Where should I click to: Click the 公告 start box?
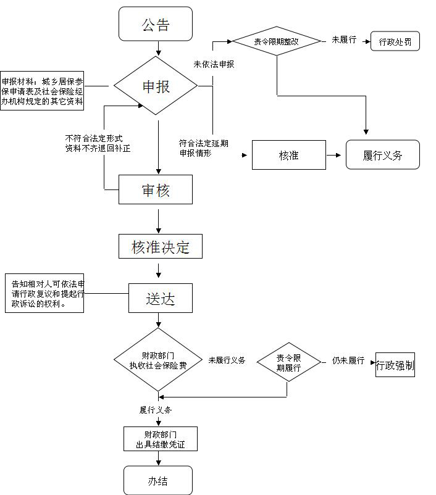pyautogui.click(x=156, y=25)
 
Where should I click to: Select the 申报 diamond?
pyautogui.click(x=156, y=86)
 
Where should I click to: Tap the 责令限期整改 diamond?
pyautogui.click(x=276, y=41)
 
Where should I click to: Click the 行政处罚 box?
pyautogui.click(x=395, y=42)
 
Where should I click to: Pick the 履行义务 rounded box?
pyautogui.click(x=382, y=155)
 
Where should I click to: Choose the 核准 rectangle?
pyautogui.click(x=288, y=155)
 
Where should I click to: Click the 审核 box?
pyautogui.click(x=156, y=190)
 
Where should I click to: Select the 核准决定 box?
pyautogui.click(x=161, y=247)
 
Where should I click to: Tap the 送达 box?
pyautogui.click(x=161, y=299)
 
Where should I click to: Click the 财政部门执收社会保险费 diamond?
pyautogui.click(x=159, y=360)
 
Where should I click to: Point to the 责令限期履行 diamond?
pyautogui.click(x=288, y=363)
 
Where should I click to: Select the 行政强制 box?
pyautogui.click(x=395, y=365)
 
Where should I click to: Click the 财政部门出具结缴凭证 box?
pyautogui.click(x=160, y=439)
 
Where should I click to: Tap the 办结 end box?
pyautogui.click(x=158, y=480)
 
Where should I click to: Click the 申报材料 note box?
pyautogui.click(x=42, y=90)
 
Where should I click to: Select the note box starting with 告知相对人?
pyautogui.click(x=44, y=293)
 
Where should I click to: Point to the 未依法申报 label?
pyautogui.click(x=214, y=64)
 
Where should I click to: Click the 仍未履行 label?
pyautogui.click(x=348, y=360)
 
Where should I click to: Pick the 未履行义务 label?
pyautogui.click(x=227, y=360)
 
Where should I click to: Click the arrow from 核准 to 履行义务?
pyautogui.click(x=334, y=155)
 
